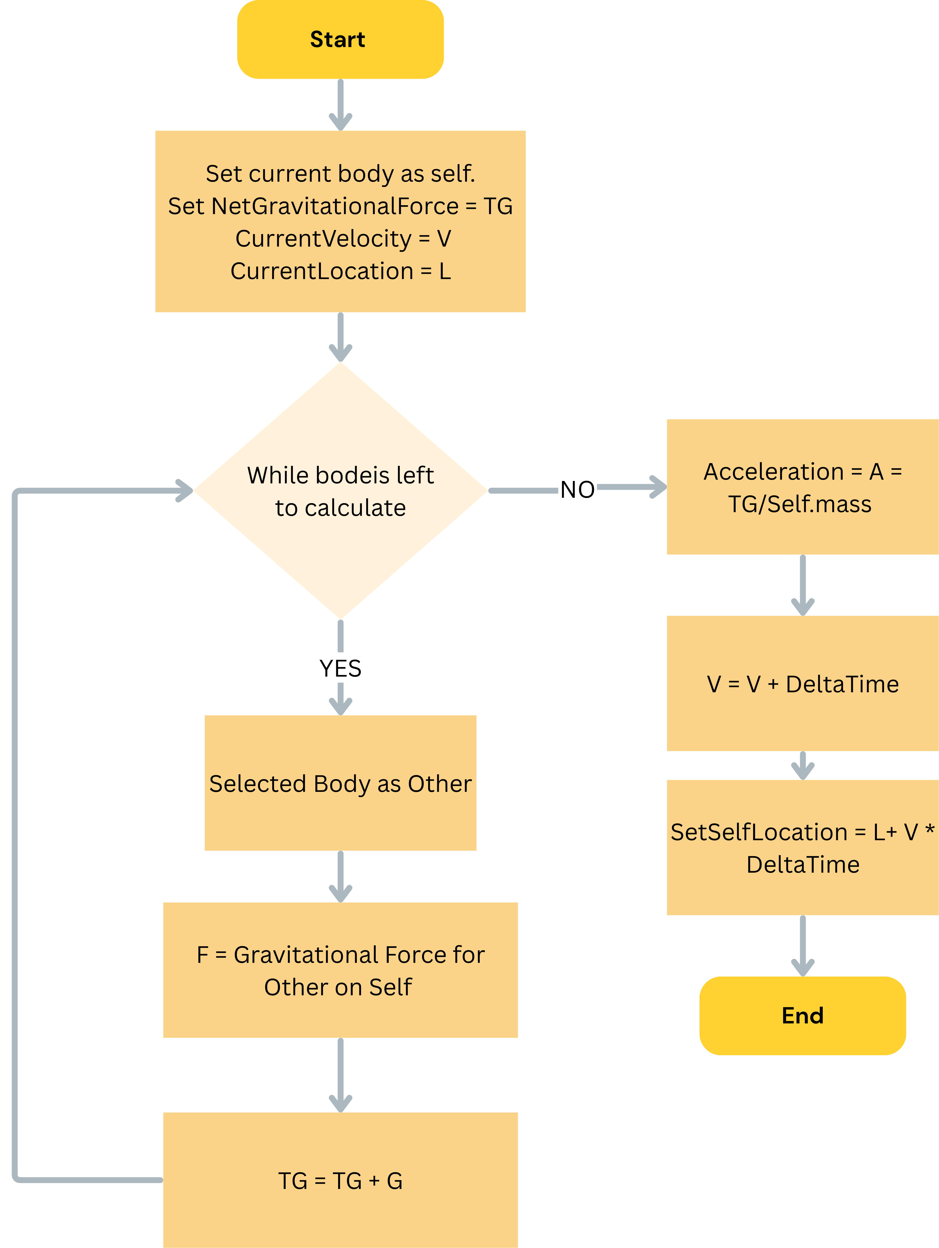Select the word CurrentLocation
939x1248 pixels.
322,271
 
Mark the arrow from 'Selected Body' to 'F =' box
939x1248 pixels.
340,876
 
